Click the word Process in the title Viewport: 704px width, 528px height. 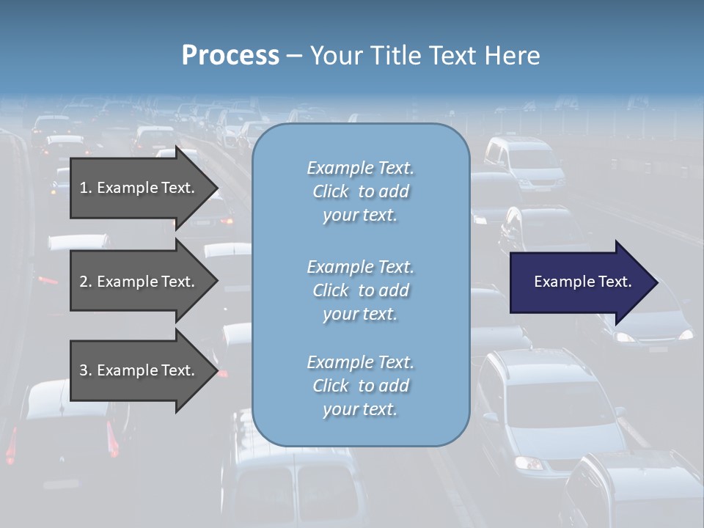pyautogui.click(x=230, y=56)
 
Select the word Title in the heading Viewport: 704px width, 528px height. pyautogui.click(x=397, y=56)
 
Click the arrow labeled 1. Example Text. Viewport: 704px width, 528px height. pyautogui.click(x=139, y=188)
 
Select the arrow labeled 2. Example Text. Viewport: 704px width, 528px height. pyautogui.click(x=139, y=282)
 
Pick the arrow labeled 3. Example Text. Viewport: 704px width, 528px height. pyautogui.click(x=139, y=370)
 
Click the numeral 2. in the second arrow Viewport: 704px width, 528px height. pyautogui.click(x=86, y=282)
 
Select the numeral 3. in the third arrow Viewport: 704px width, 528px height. pyautogui.click(x=86, y=370)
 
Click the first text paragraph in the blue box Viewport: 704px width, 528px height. pyautogui.click(x=360, y=191)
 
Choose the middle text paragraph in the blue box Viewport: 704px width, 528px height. pyautogui.click(x=360, y=290)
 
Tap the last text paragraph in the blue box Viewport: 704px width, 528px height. pyautogui.click(x=360, y=385)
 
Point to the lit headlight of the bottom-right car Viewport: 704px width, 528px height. pyautogui.click(x=528, y=463)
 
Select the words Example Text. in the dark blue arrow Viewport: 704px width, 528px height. pyautogui.click(x=582, y=282)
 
